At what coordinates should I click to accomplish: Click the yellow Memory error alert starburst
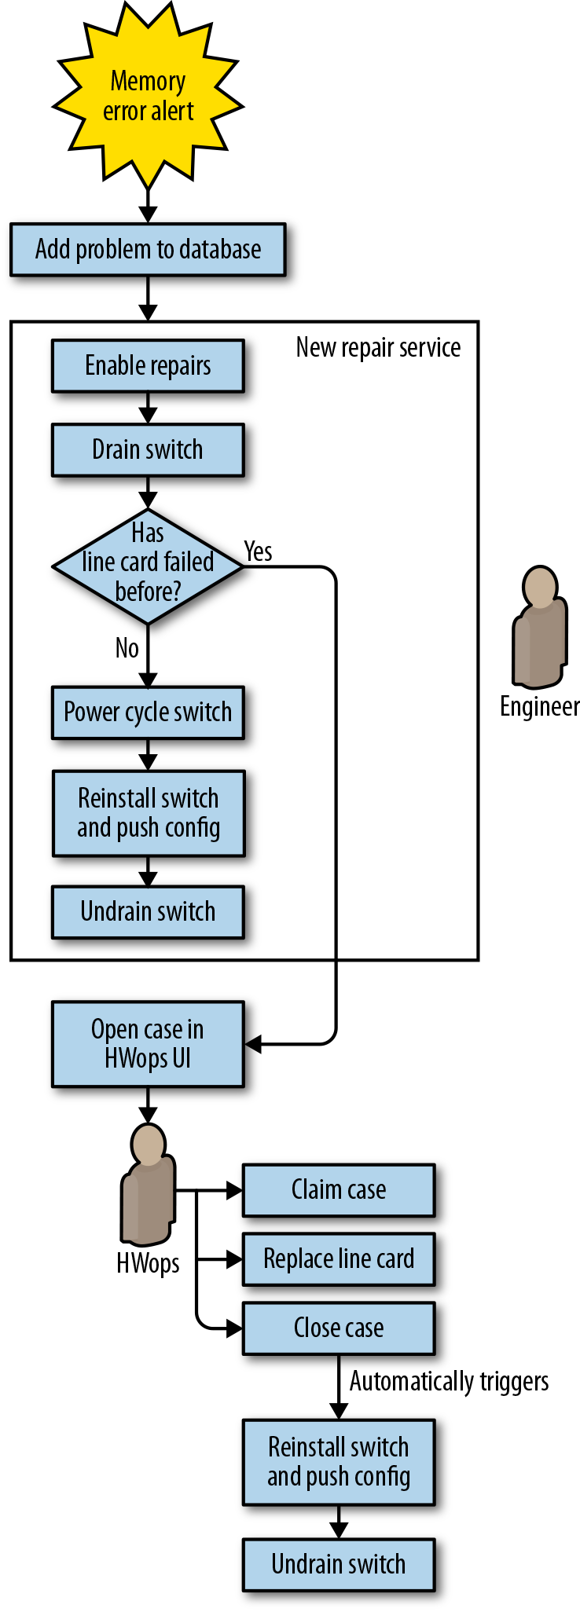pos(148,97)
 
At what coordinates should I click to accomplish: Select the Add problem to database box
pos(148,250)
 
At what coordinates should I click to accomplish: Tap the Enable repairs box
pos(148,366)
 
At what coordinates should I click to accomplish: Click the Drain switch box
pos(148,450)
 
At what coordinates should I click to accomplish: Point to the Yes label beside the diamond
pos(258,551)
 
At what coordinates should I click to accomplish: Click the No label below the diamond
pos(127,648)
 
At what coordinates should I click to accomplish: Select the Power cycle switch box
pos(148,713)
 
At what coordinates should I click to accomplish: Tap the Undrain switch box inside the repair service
pos(148,912)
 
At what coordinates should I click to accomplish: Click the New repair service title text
pos(378,348)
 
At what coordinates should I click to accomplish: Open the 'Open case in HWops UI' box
pos(148,1044)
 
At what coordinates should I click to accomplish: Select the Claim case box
pos(339,1190)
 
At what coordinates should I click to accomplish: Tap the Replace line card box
pos(339,1259)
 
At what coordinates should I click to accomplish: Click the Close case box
pos(339,1328)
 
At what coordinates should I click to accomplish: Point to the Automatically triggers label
pos(449,1382)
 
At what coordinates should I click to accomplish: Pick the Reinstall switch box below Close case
pos(339,1462)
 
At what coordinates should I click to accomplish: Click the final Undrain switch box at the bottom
pos(339,1565)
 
